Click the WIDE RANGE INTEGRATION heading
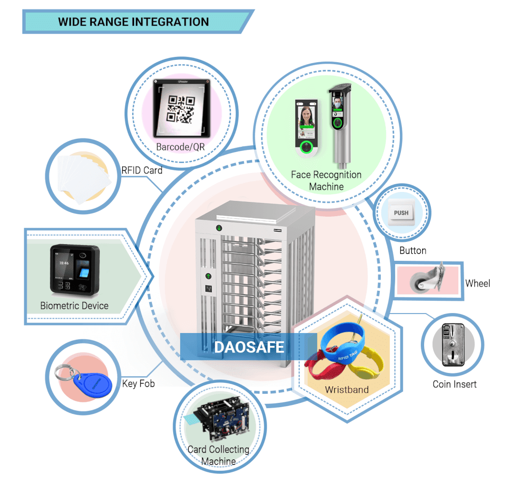coord(133,22)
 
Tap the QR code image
coord(181,109)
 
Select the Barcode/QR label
coord(180,147)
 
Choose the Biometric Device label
coord(74,305)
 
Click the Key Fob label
coord(138,383)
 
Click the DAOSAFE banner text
coord(249,347)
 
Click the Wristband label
coord(347,390)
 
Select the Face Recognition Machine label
coord(326,181)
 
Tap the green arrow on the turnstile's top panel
coord(218,228)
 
